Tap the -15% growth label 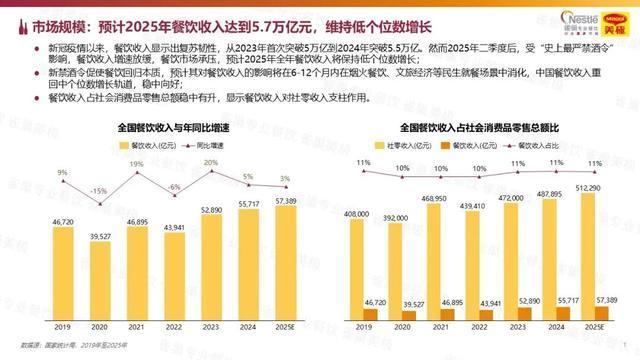(98, 191)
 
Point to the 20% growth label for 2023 (211, 162)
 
